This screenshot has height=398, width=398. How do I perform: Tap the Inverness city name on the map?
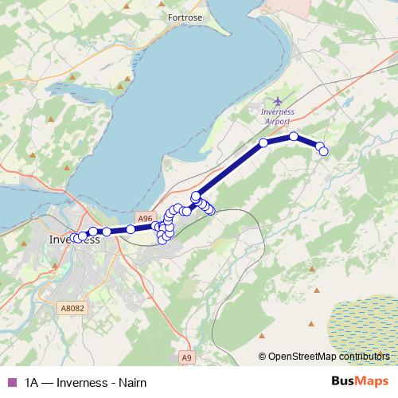[75, 239]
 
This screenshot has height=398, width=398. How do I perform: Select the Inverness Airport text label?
[276, 116]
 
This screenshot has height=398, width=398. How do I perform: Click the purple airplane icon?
[276, 101]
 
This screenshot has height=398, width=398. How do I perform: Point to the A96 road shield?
[144, 217]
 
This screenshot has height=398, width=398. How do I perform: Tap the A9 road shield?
[186, 358]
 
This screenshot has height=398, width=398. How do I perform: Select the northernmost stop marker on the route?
[293, 136]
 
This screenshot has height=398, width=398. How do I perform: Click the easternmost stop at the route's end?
[323, 150]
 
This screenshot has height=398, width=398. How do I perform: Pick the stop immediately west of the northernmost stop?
[263, 143]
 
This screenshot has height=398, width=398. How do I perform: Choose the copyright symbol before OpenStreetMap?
[262, 356]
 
